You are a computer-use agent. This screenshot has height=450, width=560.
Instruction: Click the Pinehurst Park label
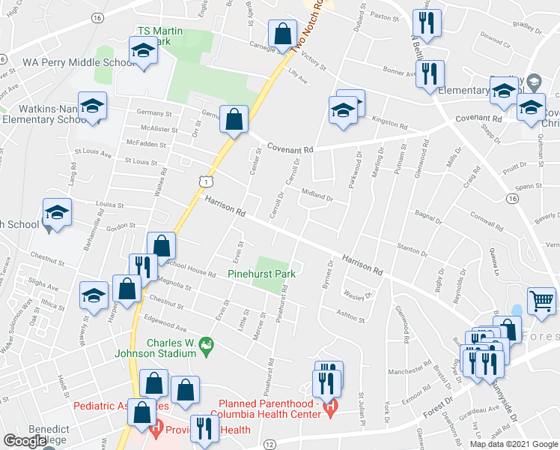(261, 274)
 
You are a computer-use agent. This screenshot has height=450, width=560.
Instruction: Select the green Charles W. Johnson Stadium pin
(207, 345)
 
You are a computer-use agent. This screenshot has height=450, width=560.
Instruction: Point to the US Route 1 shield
(204, 181)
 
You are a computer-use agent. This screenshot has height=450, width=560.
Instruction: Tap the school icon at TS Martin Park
(142, 51)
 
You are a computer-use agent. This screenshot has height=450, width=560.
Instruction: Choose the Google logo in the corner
(25, 441)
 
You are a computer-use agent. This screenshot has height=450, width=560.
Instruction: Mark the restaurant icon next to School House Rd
(142, 266)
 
